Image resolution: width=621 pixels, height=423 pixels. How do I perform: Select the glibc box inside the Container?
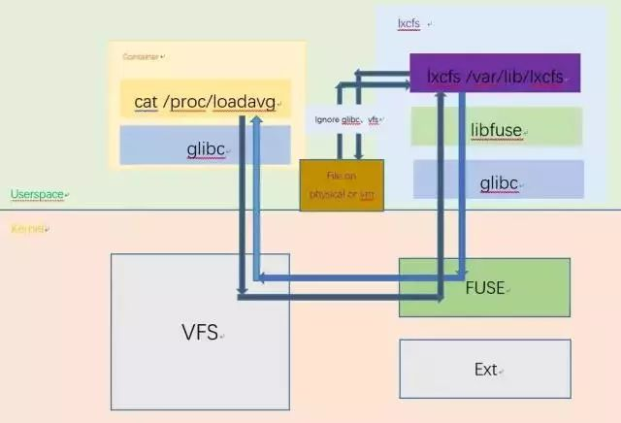tap(205, 146)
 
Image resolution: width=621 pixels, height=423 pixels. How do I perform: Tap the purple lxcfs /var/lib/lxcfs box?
tap(495, 74)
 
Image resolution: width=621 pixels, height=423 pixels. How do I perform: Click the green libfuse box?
tap(497, 127)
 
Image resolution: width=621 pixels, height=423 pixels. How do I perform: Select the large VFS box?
tap(200, 331)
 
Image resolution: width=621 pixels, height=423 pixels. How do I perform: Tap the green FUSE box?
tap(484, 288)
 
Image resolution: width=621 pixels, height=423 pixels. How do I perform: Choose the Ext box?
tap(484, 369)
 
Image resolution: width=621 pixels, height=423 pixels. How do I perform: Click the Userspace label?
tap(37, 195)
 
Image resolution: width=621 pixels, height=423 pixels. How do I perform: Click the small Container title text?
tap(142, 56)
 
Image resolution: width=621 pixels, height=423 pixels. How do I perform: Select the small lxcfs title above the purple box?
tap(409, 21)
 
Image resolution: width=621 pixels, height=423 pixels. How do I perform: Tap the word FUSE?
tap(484, 288)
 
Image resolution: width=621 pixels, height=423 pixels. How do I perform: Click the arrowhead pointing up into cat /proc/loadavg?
tap(255, 120)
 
